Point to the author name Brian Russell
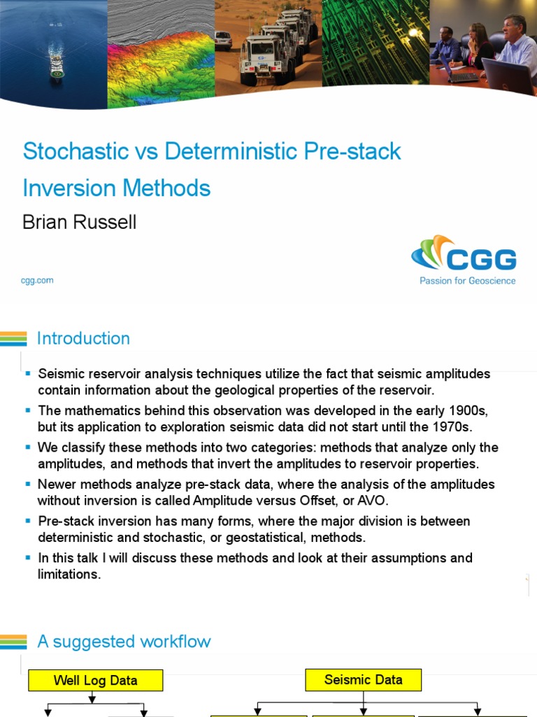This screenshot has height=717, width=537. click(79, 222)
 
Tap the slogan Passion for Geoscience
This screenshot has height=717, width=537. click(467, 281)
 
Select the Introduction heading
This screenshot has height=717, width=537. click(83, 339)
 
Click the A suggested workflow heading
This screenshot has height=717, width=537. click(124, 641)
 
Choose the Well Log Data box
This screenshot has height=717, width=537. click(95, 680)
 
